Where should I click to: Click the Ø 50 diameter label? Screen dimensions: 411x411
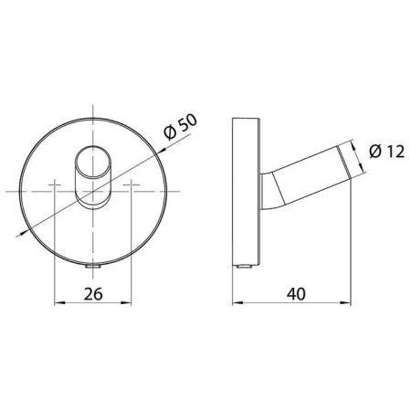click(180, 126)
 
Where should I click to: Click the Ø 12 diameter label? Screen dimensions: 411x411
click(386, 152)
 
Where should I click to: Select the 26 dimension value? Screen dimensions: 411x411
click(93, 294)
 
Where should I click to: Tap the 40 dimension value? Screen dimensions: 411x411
click(296, 294)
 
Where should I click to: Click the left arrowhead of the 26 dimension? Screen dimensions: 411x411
click(59, 302)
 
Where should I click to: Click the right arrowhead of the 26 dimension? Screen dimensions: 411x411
click(126, 302)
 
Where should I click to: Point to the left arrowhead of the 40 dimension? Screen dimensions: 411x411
click(237, 302)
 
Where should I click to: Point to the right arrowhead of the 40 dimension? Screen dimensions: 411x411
click(346, 302)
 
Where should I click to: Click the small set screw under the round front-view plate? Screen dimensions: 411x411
click(93, 267)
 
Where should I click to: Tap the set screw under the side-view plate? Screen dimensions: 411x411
click(245, 267)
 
